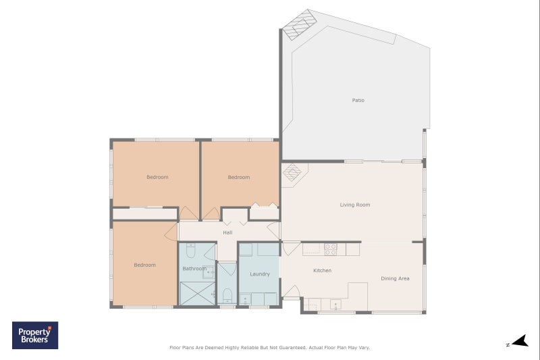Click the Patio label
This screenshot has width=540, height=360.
[x=358, y=100]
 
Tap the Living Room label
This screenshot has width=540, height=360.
[x=355, y=205]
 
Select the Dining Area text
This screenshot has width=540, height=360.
[x=395, y=278]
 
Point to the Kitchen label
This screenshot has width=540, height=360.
[x=323, y=270]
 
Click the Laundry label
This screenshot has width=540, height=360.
[x=260, y=274]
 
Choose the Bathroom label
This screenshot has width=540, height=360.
[x=194, y=268]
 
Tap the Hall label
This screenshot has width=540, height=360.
[x=227, y=232]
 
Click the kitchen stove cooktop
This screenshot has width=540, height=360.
[x=331, y=249]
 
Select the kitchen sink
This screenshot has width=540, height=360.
[x=335, y=305]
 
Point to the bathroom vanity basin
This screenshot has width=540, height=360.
[x=208, y=272]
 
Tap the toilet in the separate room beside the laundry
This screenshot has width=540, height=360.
[x=227, y=296]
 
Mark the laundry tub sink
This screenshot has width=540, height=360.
[x=245, y=299]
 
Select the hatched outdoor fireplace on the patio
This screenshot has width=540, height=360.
[x=299, y=25]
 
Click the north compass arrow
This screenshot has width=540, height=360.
[x=520, y=341]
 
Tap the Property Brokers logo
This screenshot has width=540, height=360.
[x=35, y=335]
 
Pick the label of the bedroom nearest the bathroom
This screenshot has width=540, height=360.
[x=144, y=265]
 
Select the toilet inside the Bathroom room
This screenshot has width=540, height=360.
[x=190, y=251]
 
